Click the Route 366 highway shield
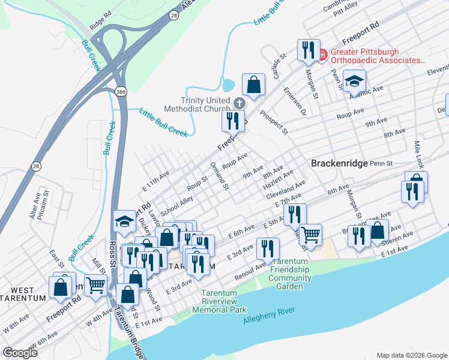coord(121,91)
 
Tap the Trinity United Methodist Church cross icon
coord(239,103)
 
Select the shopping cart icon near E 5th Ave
coord(310,233)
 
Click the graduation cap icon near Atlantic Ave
coord(354,80)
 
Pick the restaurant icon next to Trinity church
coord(232,119)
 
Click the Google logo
coord(21,353)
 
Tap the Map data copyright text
coord(411,355)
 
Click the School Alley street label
coord(178,203)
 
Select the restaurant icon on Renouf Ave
coord(268,248)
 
